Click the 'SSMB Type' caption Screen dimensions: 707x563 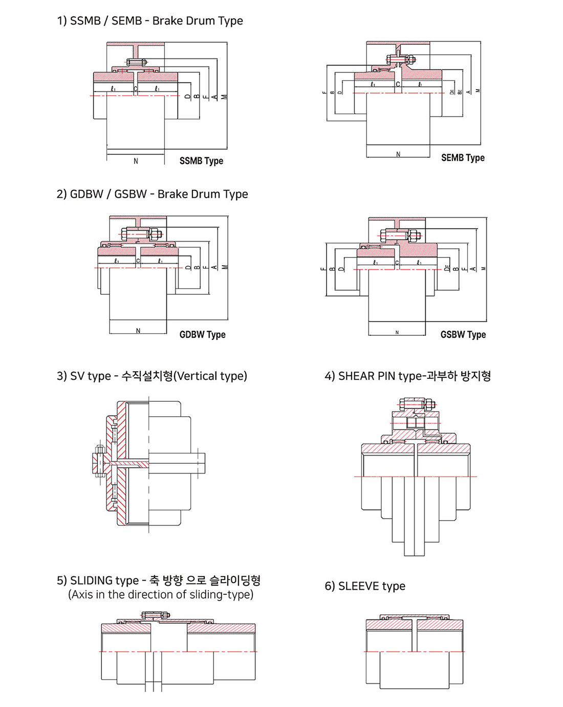201,161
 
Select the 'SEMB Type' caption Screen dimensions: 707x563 463,158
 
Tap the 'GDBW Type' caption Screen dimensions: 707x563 202,334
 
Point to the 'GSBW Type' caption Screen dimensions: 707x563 463,334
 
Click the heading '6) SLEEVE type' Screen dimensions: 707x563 365,586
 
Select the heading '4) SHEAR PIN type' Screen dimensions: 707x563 407,376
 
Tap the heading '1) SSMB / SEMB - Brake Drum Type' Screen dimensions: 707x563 150,21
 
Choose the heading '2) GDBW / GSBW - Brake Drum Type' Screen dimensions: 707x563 152,195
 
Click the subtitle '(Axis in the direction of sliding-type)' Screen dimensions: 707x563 161,595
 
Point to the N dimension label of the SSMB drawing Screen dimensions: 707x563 136,161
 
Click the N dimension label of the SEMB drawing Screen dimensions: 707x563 398,155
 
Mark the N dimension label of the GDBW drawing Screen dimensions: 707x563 138,331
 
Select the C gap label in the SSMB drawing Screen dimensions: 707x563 136,89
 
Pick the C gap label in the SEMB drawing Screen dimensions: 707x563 398,84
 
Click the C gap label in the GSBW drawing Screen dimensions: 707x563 397,263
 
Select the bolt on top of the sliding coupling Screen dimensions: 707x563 152,615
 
